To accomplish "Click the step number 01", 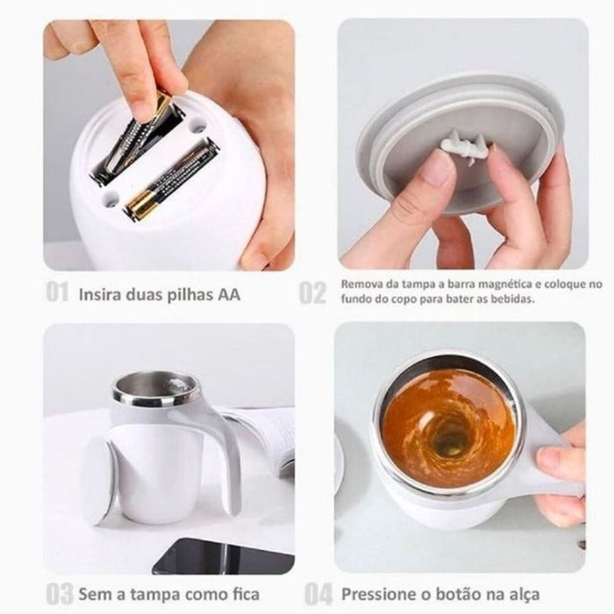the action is (57, 292).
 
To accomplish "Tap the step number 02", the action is (312, 292).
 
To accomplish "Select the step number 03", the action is (60, 595).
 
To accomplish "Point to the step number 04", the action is (318, 594).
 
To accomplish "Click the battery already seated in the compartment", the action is (170, 179).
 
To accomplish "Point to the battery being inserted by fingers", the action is (135, 139).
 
